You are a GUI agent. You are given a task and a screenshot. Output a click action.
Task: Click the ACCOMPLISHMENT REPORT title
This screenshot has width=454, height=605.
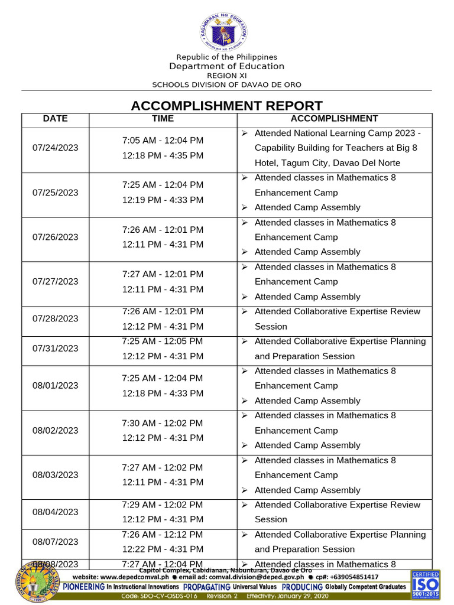coord(226,106)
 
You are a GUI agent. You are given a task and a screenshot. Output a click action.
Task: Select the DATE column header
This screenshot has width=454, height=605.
coord(56,119)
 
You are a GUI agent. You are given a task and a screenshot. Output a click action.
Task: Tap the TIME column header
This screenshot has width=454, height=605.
coord(163,119)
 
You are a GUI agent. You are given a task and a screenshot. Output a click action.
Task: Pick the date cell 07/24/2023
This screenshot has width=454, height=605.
coord(56,148)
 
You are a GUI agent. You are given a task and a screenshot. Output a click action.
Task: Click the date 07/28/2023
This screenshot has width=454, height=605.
coord(56,318)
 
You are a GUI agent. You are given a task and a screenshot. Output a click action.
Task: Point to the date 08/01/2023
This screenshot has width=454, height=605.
coord(56,385)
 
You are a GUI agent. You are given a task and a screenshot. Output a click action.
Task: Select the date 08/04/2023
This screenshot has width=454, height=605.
coord(56,512)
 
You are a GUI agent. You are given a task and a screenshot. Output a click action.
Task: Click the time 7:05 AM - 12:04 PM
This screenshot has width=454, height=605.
coord(163,141)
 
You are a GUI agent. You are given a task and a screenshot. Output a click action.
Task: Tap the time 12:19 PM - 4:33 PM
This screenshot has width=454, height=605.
coord(163,200)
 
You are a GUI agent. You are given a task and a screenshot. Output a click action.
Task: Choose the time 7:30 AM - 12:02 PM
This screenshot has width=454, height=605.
coord(163,423)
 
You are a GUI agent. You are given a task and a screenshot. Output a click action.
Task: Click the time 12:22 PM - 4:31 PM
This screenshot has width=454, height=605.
coord(163,549)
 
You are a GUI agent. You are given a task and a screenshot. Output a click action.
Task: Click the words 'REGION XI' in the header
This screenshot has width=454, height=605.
coord(226,76)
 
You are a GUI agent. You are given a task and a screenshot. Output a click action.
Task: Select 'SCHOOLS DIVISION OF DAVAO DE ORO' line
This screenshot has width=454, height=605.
coord(226,84)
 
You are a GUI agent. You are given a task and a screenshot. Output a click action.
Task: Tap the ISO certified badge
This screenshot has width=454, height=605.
coord(424,585)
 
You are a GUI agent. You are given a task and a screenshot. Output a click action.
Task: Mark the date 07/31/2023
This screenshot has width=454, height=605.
coord(56,349)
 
